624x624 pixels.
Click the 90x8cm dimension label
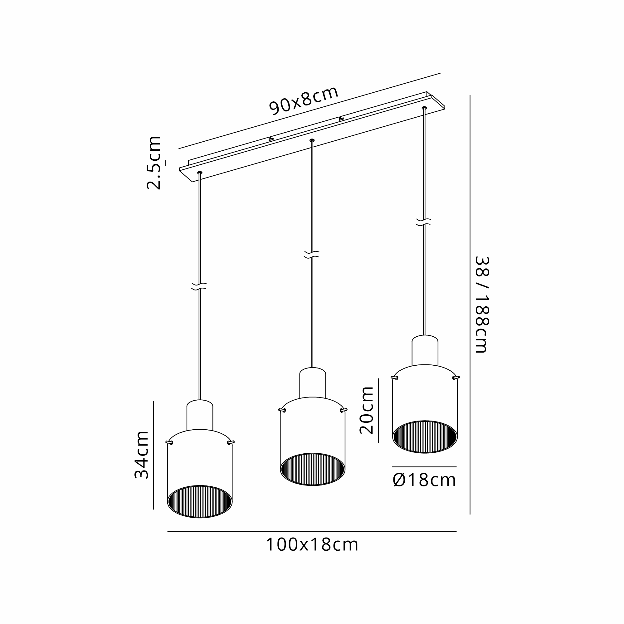point(304,100)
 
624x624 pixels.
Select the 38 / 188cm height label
point(482,305)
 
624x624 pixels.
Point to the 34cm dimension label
point(142,455)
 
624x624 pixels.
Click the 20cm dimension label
point(367,411)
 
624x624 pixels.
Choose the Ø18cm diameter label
point(424,480)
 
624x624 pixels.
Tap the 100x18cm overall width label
point(312,545)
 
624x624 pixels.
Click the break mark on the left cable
point(199,286)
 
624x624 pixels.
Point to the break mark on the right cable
point(423,222)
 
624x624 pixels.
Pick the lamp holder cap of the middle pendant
point(312,383)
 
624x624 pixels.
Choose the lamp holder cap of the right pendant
point(425,350)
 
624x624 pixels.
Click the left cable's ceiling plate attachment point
point(200,173)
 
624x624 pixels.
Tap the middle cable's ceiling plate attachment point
point(312,140)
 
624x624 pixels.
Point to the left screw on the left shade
point(169,442)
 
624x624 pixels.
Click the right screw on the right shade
point(456,377)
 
